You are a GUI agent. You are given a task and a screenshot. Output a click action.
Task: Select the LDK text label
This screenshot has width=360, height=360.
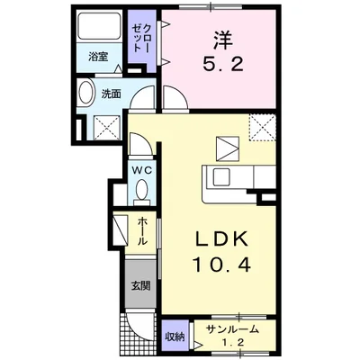tap(220, 241)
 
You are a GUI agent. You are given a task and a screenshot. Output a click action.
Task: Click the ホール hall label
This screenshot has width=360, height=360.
tap(143, 232)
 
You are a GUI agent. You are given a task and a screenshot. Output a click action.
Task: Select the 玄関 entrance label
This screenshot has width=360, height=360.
tap(142, 288)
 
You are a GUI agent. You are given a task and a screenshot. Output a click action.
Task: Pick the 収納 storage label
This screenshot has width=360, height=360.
tap(175, 336)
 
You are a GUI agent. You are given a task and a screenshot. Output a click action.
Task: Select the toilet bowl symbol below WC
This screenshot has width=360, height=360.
tap(142, 190)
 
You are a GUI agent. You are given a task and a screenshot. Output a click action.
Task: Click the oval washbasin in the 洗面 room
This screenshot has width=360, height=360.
tap(86, 94)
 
